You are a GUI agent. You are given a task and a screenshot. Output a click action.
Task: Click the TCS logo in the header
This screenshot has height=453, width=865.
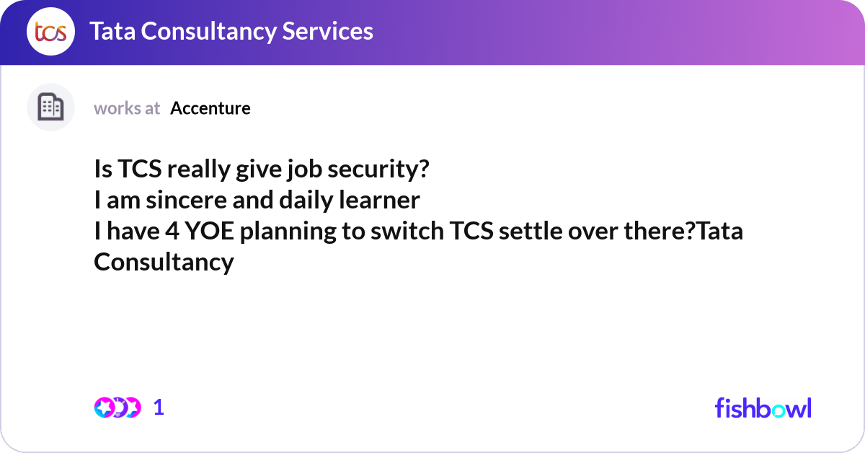point(50,32)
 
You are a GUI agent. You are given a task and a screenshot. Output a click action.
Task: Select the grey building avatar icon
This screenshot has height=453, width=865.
point(50,107)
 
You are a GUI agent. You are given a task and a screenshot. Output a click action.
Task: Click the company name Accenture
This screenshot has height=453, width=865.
point(210,108)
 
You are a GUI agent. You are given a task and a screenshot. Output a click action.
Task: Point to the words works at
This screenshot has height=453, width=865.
point(127,108)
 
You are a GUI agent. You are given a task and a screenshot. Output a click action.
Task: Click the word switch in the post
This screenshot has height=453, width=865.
point(407,232)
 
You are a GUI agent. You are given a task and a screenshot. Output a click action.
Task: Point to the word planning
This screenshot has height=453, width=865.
point(277,233)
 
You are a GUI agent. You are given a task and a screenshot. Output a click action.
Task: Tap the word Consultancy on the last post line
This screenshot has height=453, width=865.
point(164,262)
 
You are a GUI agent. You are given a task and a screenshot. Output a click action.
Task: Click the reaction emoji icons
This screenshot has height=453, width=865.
point(117,408)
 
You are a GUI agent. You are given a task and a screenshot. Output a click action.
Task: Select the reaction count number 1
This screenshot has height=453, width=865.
point(159,408)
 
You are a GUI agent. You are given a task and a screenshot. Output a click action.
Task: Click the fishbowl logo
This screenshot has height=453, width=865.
point(763,408)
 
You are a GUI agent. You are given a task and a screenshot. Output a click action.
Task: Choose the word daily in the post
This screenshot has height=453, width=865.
point(304,201)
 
